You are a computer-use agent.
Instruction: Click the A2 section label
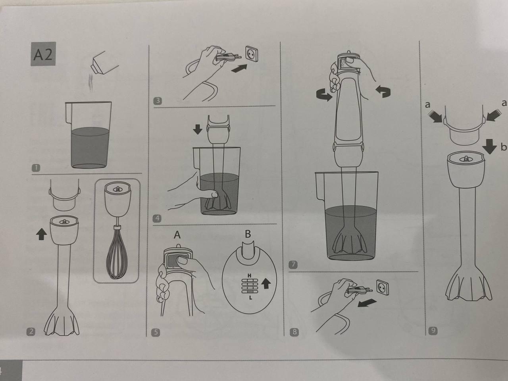coord(43,54)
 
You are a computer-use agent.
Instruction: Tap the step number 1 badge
coord(36,168)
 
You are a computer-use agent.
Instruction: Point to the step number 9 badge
coord(433,331)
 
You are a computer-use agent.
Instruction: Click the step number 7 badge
coord(293,264)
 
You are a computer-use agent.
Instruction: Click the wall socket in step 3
coord(252,54)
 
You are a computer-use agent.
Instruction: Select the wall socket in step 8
coord(382,287)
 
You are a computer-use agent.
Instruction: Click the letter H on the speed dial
coord(249,275)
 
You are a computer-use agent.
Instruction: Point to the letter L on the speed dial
coord(250,298)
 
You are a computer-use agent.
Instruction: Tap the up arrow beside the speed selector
coord(266,283)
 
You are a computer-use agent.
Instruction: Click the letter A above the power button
coord(177,235)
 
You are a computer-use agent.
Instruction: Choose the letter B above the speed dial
coord(248,234)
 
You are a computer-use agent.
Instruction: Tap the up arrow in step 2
coord(41,234)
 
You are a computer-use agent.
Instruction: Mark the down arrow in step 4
coord(198,129)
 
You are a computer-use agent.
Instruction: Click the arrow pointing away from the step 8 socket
coord(367,303)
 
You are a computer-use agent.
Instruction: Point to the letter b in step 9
coord(504,146)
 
